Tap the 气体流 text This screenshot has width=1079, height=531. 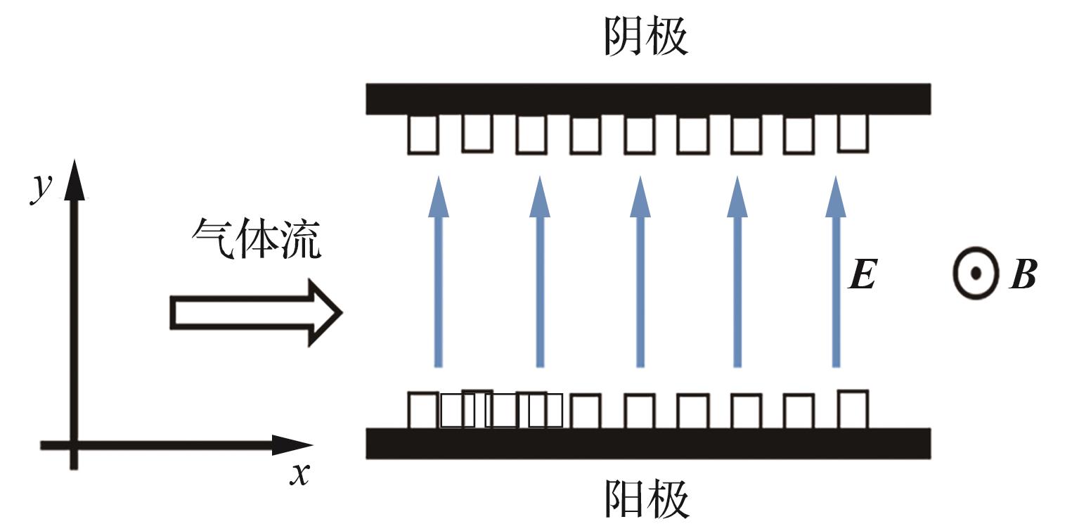(x=257, y=238)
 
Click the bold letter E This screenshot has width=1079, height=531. (x=862, y=274)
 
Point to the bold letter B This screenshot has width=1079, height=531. (x=1023, y=274)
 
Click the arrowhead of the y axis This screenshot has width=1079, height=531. (x=74, y=179)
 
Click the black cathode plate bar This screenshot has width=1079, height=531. (x=648, y=99)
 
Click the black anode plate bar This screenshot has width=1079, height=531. (x=648, y=443)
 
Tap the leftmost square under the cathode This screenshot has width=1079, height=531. (x=423, y=135)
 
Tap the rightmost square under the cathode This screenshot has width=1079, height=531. (x=853, y=132)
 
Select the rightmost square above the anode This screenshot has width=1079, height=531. (x=853, y=409)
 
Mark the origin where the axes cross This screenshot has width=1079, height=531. (x=74, y=444)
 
